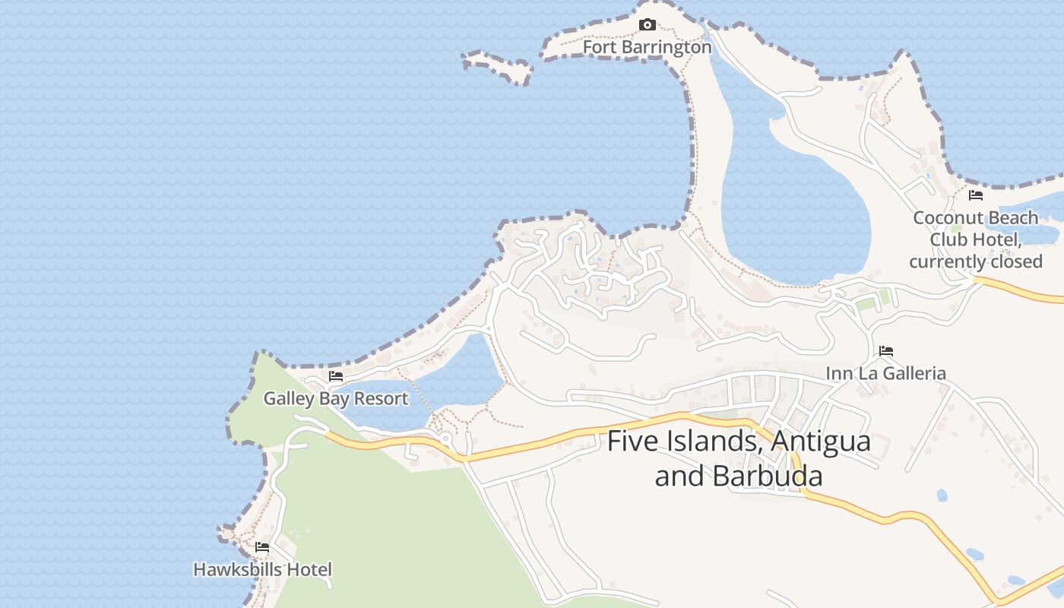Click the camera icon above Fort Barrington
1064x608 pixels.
(x=647, y=25)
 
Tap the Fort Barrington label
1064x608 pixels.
(x=647, y=47)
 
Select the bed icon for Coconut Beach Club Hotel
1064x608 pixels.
(x=976, y=195)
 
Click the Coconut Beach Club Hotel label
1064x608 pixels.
(x=976, y=239)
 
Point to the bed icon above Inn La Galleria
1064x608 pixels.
(x=886, y=351)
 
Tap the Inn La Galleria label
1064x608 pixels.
(x=886, y=373)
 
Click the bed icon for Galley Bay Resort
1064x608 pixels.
(x=335, y=376)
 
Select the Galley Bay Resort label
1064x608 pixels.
(x=335, y=398)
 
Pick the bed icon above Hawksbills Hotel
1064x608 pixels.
(x=262, y=547)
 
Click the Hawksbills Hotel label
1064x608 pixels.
(x=262, y=569)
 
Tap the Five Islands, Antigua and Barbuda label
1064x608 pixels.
(x=739, y=458)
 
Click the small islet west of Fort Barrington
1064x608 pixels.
(x=498, y=67)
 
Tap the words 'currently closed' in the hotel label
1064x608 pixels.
(x=976, y=261)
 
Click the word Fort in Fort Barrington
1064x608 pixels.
(x=600, y=47)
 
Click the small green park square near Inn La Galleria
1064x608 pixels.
(x=866, y=304)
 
